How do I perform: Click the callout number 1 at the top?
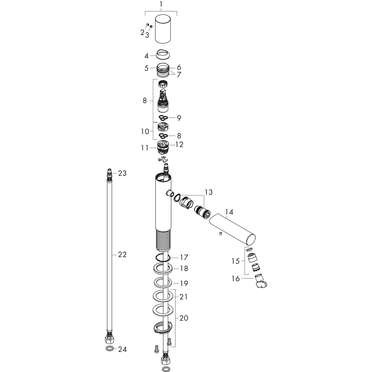tap(161, 4)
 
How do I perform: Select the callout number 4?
tap(146, 56)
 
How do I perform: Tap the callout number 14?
tap(229, 212)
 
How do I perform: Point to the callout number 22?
tap(122, 254)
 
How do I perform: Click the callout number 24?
tap(122, 349)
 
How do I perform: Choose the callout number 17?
tap(184, 257)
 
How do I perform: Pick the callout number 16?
tap(236, 279)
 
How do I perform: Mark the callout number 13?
tap(209, 192)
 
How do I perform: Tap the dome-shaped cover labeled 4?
tap(163, 54)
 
